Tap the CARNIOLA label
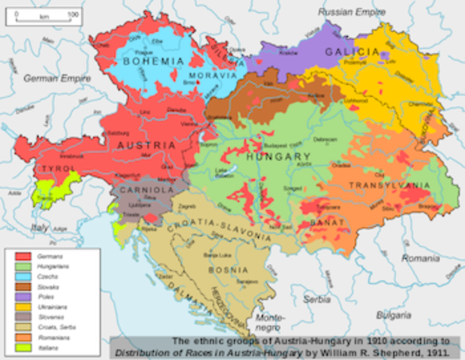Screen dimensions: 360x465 pyautogui.click(x=148, y=190)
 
